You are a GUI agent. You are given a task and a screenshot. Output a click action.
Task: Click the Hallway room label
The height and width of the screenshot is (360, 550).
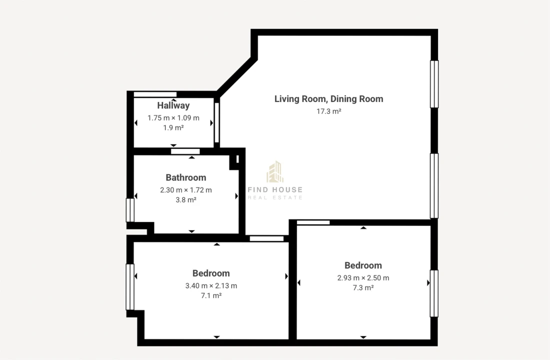pyautogui.click(x=173, y=105)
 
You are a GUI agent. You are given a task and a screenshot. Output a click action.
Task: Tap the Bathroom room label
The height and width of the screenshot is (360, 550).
pyautogui.click(x=185, y=177)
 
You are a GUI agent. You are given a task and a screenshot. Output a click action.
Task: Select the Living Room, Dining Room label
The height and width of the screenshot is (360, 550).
pyautogui.click(x=328, y=99)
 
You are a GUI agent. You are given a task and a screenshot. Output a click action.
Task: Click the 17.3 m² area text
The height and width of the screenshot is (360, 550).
pyautogui.click(x=328, y=111)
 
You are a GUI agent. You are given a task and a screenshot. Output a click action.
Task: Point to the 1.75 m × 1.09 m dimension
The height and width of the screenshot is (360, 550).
pyautogui.click(x=173, y=118)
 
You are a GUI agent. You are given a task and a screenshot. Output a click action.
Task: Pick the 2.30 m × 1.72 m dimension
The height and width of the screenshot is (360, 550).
pyautogui.click(x=185, y=190)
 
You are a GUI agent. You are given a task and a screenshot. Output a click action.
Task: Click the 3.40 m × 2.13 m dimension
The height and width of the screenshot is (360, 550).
pyautogui.click(x=211, y=286)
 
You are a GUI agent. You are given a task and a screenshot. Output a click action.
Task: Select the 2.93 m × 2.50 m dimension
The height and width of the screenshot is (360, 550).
pyautogui.click(x=363, y=278)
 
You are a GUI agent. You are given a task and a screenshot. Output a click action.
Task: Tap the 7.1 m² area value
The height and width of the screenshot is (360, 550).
pyautogui.click(x=211, y=295)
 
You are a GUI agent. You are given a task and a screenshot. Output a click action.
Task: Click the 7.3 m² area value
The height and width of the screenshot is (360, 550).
pyautogui.click(x=363, y=287)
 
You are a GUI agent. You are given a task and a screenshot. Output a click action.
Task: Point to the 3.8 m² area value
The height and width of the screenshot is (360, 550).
pyautogui.click(x=185, y=199)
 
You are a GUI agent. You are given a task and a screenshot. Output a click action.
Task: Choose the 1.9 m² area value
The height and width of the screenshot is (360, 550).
pyautogui.click(x=173, y=127)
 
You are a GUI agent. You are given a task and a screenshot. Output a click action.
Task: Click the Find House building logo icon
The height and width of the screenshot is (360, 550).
pyautogui.click(x=275, y=172)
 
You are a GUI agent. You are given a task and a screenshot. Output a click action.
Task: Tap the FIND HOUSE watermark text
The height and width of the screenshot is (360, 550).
pyautogui.click(x=275, y=189)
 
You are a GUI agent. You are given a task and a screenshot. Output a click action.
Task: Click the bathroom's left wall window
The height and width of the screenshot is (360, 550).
pyautogui.click(x=130, y=210)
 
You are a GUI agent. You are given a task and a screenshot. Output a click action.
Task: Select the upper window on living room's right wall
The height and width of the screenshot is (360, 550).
pyautogui.click(x=434, y=84)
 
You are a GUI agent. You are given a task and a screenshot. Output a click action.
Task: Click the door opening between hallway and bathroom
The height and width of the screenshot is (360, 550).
pyautogui.click(x=185, y=151)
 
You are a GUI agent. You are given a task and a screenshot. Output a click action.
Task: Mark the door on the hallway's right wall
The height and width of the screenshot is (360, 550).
pyautogui.click(x=216, y=122)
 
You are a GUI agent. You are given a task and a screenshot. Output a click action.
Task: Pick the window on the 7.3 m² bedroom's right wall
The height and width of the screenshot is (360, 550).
pyautogui.click(x=434, y=293)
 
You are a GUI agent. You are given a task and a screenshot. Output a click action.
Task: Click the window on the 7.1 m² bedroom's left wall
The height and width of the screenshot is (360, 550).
pyautogui.click(x=130, y=287)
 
